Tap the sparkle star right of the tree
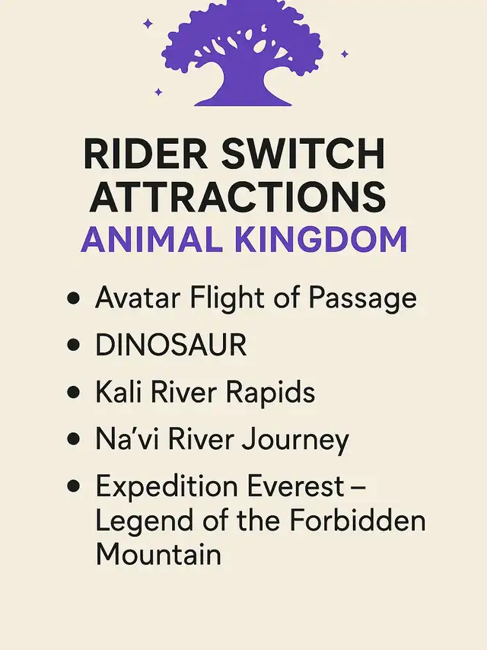coord(345,54)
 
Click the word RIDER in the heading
coord(145,154)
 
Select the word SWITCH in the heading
coord(303,154)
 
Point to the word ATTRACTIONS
coord(238,197)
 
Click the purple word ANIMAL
coord(151,240)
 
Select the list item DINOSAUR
coord(170,345)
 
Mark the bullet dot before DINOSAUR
coord(73,345)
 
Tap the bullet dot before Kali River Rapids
coord(73,392)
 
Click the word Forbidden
coord(358,520)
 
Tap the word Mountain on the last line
coord(158,554)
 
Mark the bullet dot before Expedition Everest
coord(73,486)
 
